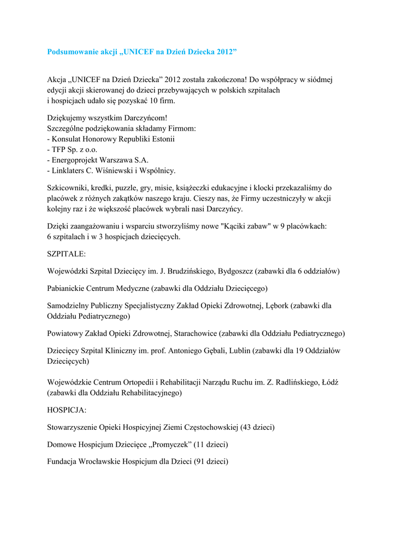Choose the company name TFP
pos(60,149)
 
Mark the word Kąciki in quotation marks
pos(236,226)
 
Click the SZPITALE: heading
pos(66,254)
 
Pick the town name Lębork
pos(275,306)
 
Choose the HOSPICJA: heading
pos(67,409)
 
